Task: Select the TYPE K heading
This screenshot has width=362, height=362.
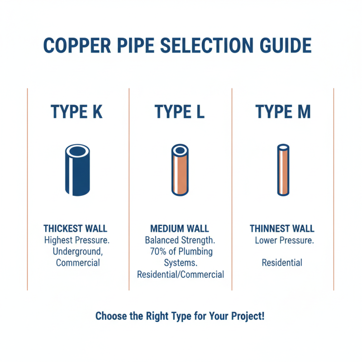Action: coord(77,112)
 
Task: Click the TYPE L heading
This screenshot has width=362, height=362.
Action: coord(180,112)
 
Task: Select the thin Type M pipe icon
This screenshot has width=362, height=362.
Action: coord(283,170)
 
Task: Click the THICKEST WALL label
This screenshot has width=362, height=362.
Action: coord(75,229)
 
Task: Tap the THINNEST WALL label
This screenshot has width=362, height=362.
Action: coord(282,229)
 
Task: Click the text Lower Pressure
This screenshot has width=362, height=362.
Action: coord(284,240)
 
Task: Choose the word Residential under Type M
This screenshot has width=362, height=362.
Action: coord(282,263)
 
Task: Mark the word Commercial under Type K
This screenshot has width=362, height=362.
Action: coord(78,263)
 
